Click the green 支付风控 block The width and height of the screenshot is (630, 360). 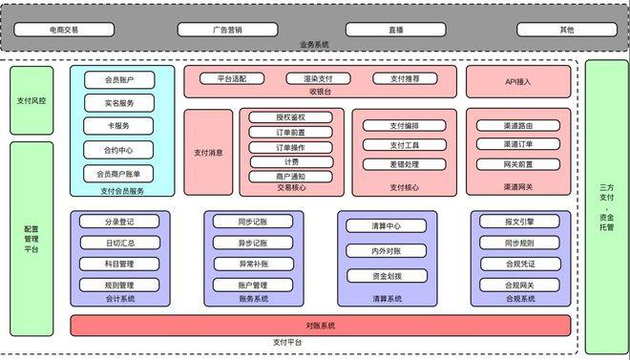pos(32,99)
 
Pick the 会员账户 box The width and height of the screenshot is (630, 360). pos(119,80)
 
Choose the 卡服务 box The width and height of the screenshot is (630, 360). pos(119,126)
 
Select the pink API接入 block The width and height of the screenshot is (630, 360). pos(518,82)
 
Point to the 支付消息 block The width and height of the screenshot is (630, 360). pos(208,153)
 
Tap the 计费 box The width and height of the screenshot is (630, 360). pos(291,161)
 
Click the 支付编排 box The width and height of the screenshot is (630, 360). pos(398,125)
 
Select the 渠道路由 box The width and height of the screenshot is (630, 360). pos(518,125)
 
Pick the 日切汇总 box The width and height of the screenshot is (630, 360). pos(119,243)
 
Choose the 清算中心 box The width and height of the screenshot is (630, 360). pos(387,226)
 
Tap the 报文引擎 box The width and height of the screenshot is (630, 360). pos(519,222)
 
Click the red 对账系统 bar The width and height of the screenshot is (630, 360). pos(320,327)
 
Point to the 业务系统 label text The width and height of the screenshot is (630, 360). pos(314,46)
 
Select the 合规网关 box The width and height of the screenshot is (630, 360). pos(519,285)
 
